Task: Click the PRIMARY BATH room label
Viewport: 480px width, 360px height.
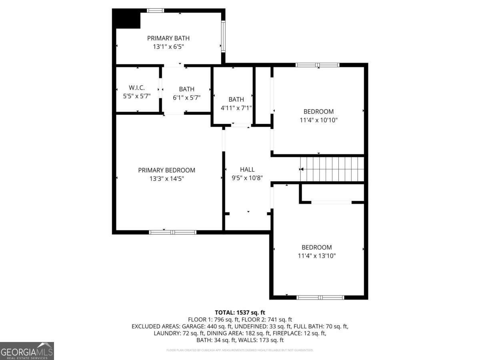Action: [x=168, y=38]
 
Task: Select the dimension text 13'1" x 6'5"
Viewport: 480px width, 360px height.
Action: [x=168, y=46]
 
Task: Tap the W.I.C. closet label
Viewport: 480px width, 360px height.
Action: [x=136, y=88]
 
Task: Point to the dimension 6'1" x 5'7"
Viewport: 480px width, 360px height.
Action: [x=186, y=97]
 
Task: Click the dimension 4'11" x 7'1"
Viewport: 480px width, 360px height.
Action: [x=236, y=108]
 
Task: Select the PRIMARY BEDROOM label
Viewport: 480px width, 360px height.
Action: [x=166, y=170]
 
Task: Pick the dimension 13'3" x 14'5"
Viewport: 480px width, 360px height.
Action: [x=166, y=178]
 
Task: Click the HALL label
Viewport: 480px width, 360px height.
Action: [x=247, y=170]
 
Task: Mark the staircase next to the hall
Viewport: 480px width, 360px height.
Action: [x=332, y=169]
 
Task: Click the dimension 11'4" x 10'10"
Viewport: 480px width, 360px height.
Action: [x=318, y=120]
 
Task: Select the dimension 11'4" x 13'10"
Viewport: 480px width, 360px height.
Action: [x=316, y=256]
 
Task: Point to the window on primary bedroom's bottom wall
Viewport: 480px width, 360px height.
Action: [x=172, y=232]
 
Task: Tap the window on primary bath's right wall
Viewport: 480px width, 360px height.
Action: [x=223, y=36]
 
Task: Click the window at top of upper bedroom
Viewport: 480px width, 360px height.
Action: [x=317, y=65]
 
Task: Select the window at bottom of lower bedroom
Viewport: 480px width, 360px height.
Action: [x=320, y=297]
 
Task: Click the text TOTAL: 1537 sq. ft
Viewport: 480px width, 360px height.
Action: [x=240, y=312]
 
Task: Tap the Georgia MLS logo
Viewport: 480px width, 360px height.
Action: [x=27, y=351]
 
